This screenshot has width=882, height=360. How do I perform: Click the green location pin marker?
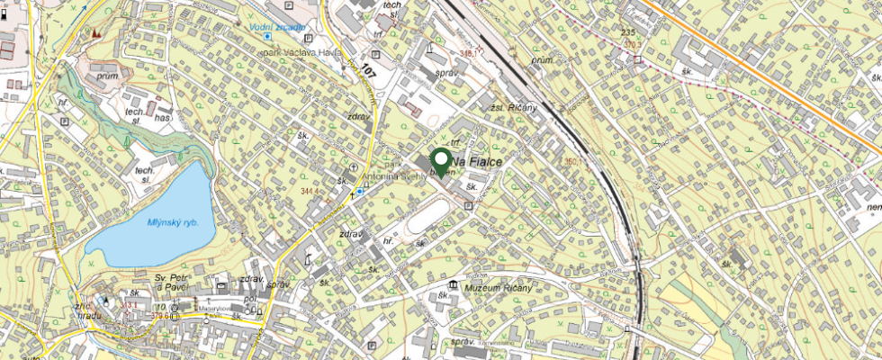point(441,160)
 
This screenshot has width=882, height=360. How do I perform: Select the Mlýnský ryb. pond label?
point(173,222)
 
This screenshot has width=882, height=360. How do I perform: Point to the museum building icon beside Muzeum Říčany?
point(451,285)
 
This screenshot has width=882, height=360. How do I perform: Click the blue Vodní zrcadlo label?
point(279,28)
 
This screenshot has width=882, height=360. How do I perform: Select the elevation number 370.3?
point(635,43)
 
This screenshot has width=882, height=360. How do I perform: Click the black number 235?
point(628,32)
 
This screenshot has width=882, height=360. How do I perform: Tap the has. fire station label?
point(163,118)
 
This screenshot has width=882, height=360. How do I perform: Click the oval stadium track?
point(429,217)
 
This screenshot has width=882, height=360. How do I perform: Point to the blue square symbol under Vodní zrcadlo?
point(267,38)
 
